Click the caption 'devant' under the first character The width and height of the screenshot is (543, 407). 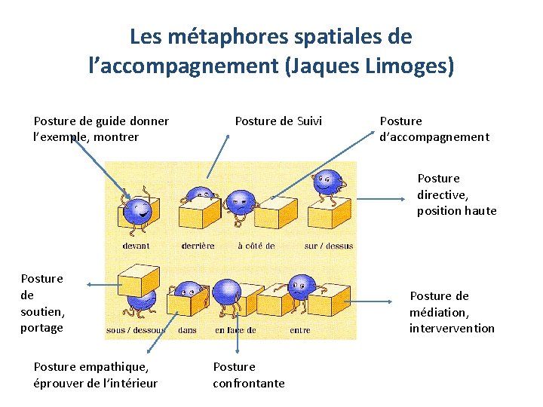136,246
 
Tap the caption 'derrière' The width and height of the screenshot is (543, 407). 198,246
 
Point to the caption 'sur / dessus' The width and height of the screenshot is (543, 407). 328,246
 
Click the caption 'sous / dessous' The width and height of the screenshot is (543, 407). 137,330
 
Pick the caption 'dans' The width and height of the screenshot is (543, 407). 187,330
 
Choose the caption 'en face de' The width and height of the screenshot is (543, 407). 235,330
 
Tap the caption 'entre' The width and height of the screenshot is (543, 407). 299,330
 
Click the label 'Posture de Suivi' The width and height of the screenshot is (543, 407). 278,121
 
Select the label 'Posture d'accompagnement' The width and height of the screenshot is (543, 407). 434,129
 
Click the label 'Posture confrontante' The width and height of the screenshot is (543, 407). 248,375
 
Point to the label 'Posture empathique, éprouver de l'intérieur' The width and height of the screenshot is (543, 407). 96,375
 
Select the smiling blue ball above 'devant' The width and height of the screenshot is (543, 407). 138,210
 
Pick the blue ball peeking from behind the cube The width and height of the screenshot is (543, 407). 199,194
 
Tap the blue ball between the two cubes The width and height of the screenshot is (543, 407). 302,285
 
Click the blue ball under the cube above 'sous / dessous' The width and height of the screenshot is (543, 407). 141,299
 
